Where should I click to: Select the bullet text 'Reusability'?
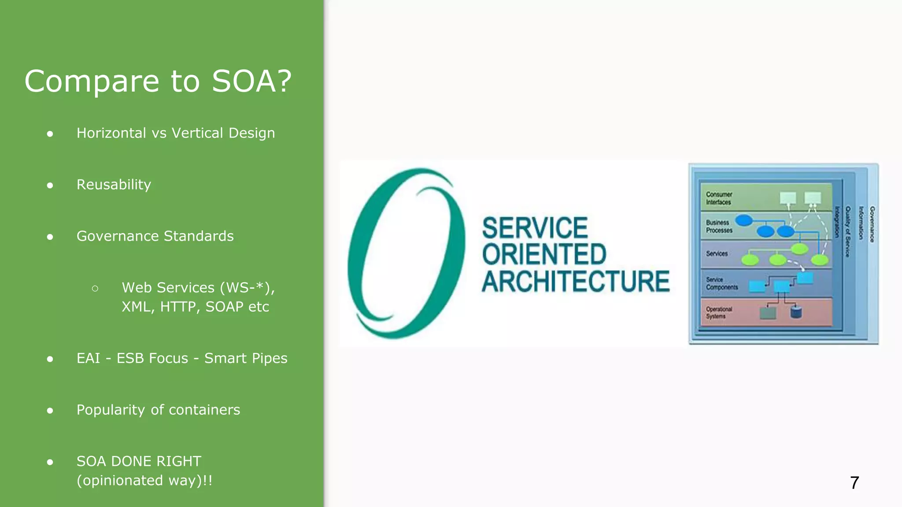(x=114, y=184)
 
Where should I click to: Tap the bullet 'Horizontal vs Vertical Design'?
(x=175, y=133)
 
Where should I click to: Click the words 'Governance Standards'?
(x=155, y=236)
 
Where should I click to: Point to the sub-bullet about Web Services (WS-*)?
(x=198, y=297)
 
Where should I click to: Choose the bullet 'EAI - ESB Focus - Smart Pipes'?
(x=181, y=358)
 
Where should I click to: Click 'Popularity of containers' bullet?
(x=158, y=410)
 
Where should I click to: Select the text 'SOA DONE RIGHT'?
(x=139, y=461)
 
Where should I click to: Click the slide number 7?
(x=854, y=483)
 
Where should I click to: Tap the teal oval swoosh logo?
(x=406, y=253)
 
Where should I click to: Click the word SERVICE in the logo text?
(x=535, y=228)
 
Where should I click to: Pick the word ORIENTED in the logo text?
(x=544, y=254)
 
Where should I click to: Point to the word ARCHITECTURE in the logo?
(x=575, y=282)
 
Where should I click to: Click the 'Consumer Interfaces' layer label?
(x=719, y=198)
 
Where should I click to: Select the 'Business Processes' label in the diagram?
(x=719, y=226)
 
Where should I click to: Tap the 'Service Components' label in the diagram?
(x=721, y=283)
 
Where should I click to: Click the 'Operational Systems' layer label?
(x=719, y=312)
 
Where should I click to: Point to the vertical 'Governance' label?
(x=872, y=224)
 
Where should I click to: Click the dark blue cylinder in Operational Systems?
(x=796, y=312)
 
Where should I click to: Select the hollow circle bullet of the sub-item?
(x=95, y=288)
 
